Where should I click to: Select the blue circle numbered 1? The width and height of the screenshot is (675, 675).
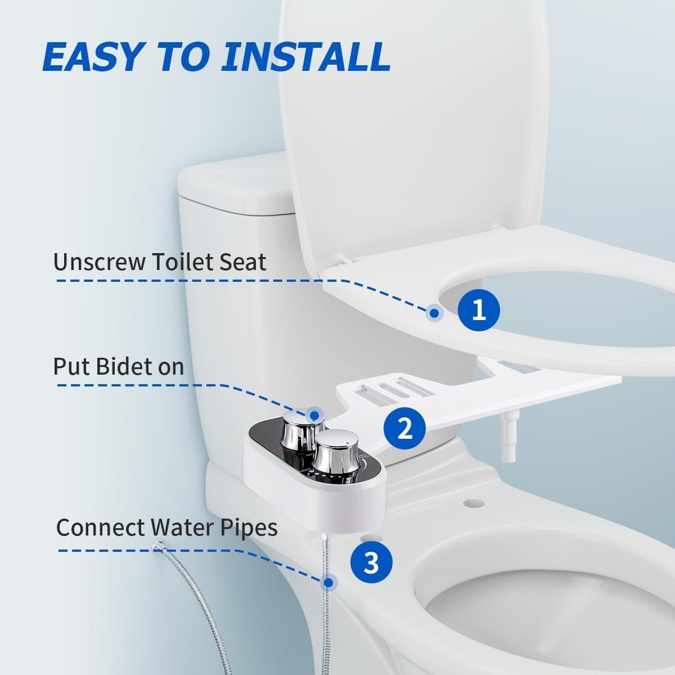point(478,309)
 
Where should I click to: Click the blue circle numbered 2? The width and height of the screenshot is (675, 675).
point(405,429)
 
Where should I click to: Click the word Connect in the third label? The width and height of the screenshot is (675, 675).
point(100,528)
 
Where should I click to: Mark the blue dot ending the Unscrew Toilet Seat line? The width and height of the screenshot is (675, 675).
point(434,313)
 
